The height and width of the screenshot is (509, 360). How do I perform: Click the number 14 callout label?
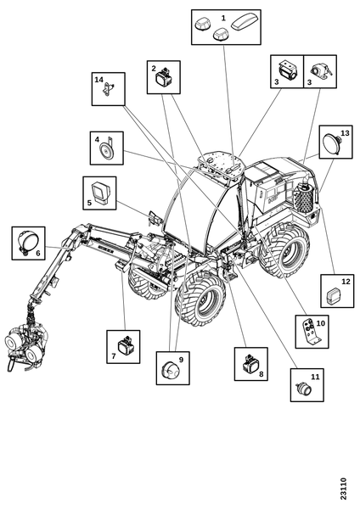(99, 80)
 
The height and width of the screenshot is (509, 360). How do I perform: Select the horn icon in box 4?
(106, 149)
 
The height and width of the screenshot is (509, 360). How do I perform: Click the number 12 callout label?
(346, 281)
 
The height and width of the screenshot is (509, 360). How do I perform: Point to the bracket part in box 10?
(311, 332)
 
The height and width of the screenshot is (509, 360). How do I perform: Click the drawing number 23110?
(343, 489)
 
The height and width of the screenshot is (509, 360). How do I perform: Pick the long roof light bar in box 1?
(245, 21)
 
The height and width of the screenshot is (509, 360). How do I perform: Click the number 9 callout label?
(182, 360)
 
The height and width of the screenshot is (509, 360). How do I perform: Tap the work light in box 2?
(163, 77)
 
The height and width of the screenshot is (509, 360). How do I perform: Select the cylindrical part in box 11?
(303, 389)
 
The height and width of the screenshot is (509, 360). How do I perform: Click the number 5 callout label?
(89, 203)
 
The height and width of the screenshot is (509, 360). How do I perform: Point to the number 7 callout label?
(114, 356)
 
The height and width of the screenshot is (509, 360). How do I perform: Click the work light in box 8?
(250, 364)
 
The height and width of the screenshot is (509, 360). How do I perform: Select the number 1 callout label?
(223, 18)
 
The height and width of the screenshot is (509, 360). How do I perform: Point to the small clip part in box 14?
(108, 90)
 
